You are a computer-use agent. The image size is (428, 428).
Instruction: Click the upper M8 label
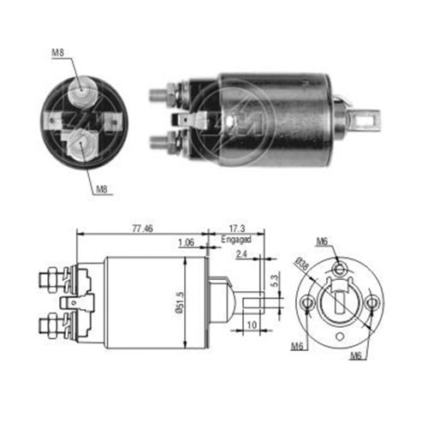[x=58, y=54]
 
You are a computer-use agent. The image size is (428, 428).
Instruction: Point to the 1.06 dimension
[x=187, y=242]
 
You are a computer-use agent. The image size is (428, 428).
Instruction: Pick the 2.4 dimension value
[x=242, y=254]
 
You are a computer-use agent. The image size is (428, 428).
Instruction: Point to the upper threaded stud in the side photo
[x=159, y=88]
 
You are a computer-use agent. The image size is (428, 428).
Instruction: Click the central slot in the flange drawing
[x=339, y=303]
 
